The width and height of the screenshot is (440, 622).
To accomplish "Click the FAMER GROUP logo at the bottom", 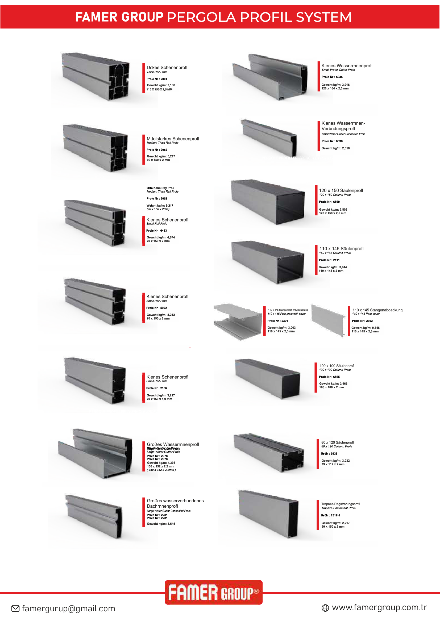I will (214, 592).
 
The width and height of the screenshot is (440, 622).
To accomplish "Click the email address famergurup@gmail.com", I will (69, 608).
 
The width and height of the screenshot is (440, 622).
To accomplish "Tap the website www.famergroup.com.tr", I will (379, 607).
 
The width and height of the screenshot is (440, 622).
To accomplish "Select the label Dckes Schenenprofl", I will (167, 68).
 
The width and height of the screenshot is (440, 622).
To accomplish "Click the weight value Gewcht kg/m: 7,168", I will (161, 85).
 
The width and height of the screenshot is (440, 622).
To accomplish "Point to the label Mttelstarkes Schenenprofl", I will (173, 139).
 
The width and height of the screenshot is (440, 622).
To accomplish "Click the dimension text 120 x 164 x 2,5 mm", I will (335, 89).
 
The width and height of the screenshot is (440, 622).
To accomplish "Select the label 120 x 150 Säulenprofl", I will (340, 190).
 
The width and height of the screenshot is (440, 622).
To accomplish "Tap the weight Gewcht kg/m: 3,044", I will (333, 267).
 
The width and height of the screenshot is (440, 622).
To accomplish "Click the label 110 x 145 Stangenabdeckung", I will (377, 310).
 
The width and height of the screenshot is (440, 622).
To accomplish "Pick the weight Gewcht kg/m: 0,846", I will (366, 328).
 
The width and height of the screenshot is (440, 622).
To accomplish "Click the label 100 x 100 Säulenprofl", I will (337, 366).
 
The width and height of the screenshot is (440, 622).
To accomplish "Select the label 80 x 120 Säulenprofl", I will (337, 443).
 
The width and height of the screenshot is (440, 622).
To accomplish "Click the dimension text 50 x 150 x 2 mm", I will (333, 527).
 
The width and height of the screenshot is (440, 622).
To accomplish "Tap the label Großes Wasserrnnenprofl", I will (173, 444).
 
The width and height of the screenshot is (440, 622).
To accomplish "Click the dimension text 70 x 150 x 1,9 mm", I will (159, 399).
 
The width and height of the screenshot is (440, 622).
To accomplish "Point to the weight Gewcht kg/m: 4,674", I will (161, 237).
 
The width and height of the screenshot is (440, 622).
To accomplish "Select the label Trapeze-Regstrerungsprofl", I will (340, 504).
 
